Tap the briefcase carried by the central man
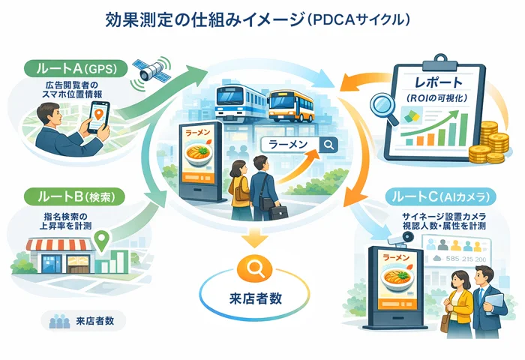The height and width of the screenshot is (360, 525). coord(278,211)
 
